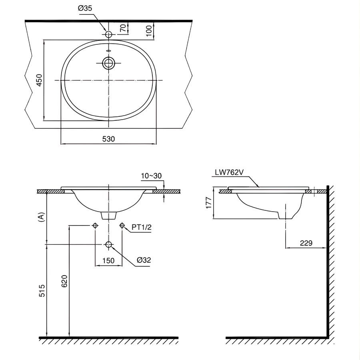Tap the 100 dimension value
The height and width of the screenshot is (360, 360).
(149, 30)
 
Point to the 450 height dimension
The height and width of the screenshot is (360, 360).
(39, 81)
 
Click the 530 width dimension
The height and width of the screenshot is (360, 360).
(108, 139)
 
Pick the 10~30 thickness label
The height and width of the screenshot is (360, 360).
(151, 176)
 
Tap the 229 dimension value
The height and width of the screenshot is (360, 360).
(306, 243)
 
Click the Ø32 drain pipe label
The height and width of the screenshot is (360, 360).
(143, 260)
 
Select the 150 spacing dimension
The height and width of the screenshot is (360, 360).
(108, 260)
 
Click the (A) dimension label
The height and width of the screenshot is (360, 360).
(40, 217)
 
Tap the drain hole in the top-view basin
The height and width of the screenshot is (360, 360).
(108, 63)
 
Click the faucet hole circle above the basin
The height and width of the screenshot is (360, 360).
(108, 35)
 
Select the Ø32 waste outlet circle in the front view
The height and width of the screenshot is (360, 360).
(108, 244)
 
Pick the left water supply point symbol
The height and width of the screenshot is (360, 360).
(95, 226)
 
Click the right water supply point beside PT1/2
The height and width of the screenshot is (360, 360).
(122, 226)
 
